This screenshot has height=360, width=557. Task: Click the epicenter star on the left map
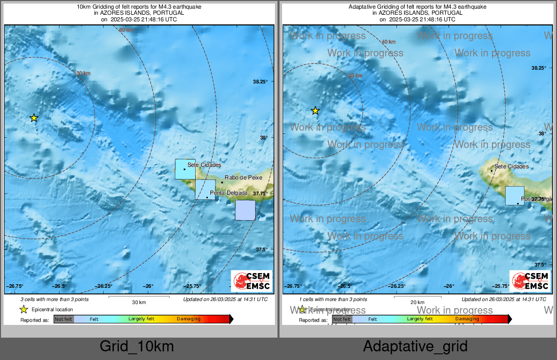tap(34, 118)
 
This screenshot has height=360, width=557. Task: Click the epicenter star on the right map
tap(315, 110)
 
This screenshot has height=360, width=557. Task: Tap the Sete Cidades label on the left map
tap(204, 165)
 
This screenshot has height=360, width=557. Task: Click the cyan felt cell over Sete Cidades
tap(185, 169)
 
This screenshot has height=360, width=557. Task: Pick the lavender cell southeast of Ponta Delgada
tap(245, 210)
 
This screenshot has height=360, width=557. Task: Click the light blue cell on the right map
tap(514, 196)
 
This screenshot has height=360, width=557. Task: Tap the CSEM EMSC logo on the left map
tap(252, 281)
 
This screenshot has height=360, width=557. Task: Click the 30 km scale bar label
tap(139, 303)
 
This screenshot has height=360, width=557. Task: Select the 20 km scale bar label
tap(417, 303)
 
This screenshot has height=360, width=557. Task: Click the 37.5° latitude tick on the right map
tap(538, 265)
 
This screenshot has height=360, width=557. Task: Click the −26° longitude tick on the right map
tap(449, 286)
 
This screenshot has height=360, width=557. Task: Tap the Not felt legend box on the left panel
tap(64, 319)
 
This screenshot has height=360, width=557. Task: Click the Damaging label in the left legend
tap(189, 319)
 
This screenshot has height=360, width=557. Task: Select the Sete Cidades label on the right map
tap(511, 166)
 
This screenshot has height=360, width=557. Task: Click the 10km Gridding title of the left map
tap(139, 7)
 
